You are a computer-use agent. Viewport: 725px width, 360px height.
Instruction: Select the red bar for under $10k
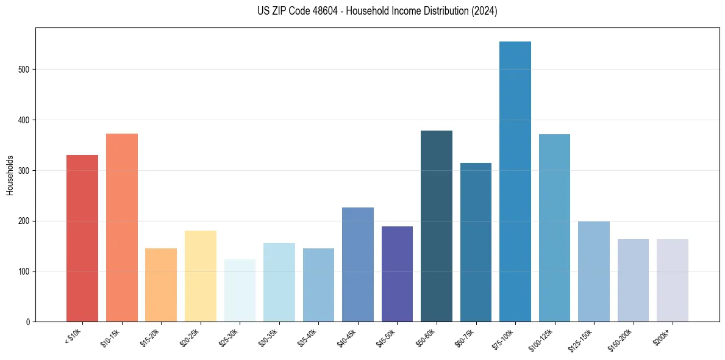tap(82, 239)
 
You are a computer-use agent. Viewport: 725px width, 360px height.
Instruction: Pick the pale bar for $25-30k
tap(240, 290)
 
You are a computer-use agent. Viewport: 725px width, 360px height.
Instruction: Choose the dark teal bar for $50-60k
tap(437, 226)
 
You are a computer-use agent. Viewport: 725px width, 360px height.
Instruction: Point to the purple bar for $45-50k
tap(397, 274)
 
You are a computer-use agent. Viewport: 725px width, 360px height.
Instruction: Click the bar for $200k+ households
tap(673, 281)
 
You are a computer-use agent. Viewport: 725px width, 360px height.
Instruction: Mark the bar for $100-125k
tap(554, 228)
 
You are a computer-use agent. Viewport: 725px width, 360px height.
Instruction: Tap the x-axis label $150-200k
tap(621, 339)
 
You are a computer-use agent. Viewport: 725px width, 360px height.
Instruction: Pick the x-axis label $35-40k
tap(307, 337)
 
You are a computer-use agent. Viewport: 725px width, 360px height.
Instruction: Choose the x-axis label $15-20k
tap(150, 337)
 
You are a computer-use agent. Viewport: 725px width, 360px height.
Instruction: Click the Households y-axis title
tap(10, 175)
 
